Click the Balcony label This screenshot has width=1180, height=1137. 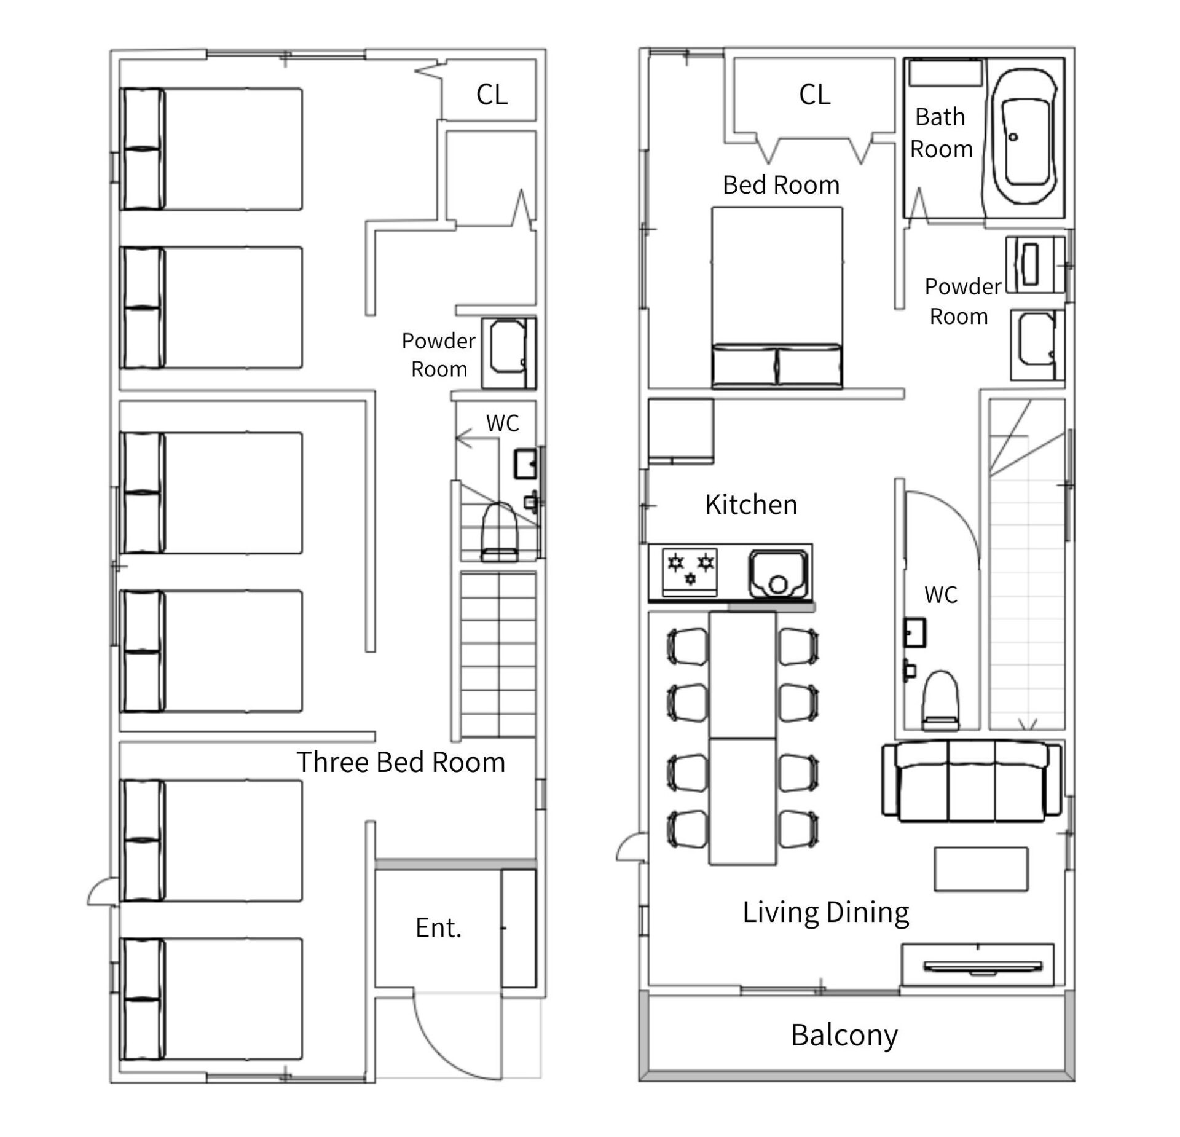tap(844, 1036)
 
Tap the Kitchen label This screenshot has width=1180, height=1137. tap(751, 505)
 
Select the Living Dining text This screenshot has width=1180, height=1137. tap(825, 913)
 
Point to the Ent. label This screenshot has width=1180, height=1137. tap(438, 928)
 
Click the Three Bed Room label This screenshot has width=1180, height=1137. tap(401, 762)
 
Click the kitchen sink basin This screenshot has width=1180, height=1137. tap(777, 574)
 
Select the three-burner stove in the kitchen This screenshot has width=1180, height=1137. tap(690, 572)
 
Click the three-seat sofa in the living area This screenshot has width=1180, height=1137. tap(971, 781)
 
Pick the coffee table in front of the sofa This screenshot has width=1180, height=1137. tap(981, 868)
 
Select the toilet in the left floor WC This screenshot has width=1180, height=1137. tap(499, 532)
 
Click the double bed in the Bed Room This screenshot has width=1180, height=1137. tap(777, 297)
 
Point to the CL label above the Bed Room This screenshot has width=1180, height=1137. tap(814, 95)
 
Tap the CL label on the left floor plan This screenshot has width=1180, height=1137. tap(492, 95)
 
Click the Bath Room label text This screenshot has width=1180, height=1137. tap(941, 133)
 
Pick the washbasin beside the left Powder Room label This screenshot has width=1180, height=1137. tap(508, 353)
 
